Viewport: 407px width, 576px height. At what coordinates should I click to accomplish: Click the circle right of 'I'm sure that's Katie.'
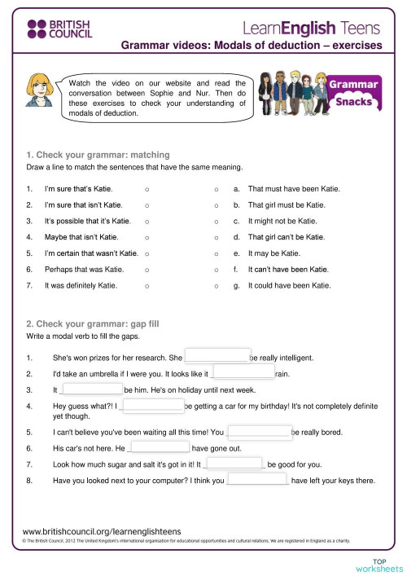(146, 189)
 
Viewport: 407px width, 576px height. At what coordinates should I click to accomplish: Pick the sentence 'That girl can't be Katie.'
(286, 237)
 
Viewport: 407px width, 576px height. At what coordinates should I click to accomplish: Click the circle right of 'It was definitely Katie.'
(146, 285)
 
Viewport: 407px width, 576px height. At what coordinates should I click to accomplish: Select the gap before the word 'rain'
(243, 372)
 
